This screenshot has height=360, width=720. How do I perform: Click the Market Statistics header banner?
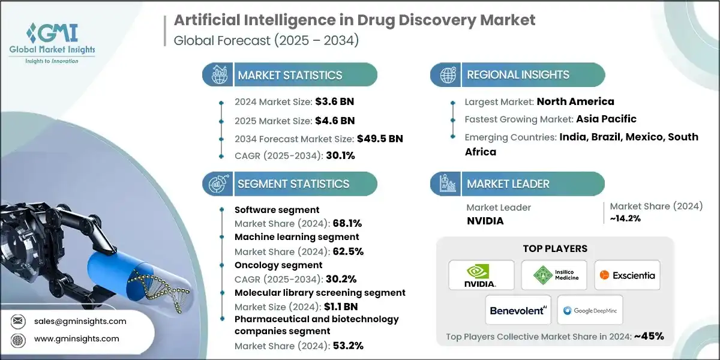[290, 75]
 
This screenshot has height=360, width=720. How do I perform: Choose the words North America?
[575, 101]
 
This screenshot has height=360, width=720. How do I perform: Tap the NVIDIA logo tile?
[481, 275]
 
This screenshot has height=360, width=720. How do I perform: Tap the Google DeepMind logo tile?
[590, 310]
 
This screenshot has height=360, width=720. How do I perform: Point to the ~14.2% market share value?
[625, 218]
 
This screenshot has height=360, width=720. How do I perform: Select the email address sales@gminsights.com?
[80, 321]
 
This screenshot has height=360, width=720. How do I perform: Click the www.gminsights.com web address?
[77, 339]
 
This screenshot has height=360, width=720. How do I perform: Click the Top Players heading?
[555, 248]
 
